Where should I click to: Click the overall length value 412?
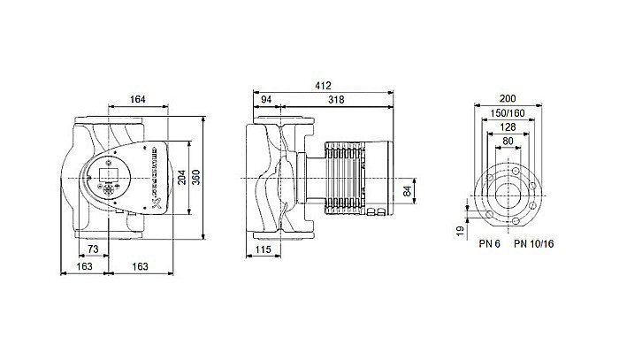[x=323, y=86]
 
